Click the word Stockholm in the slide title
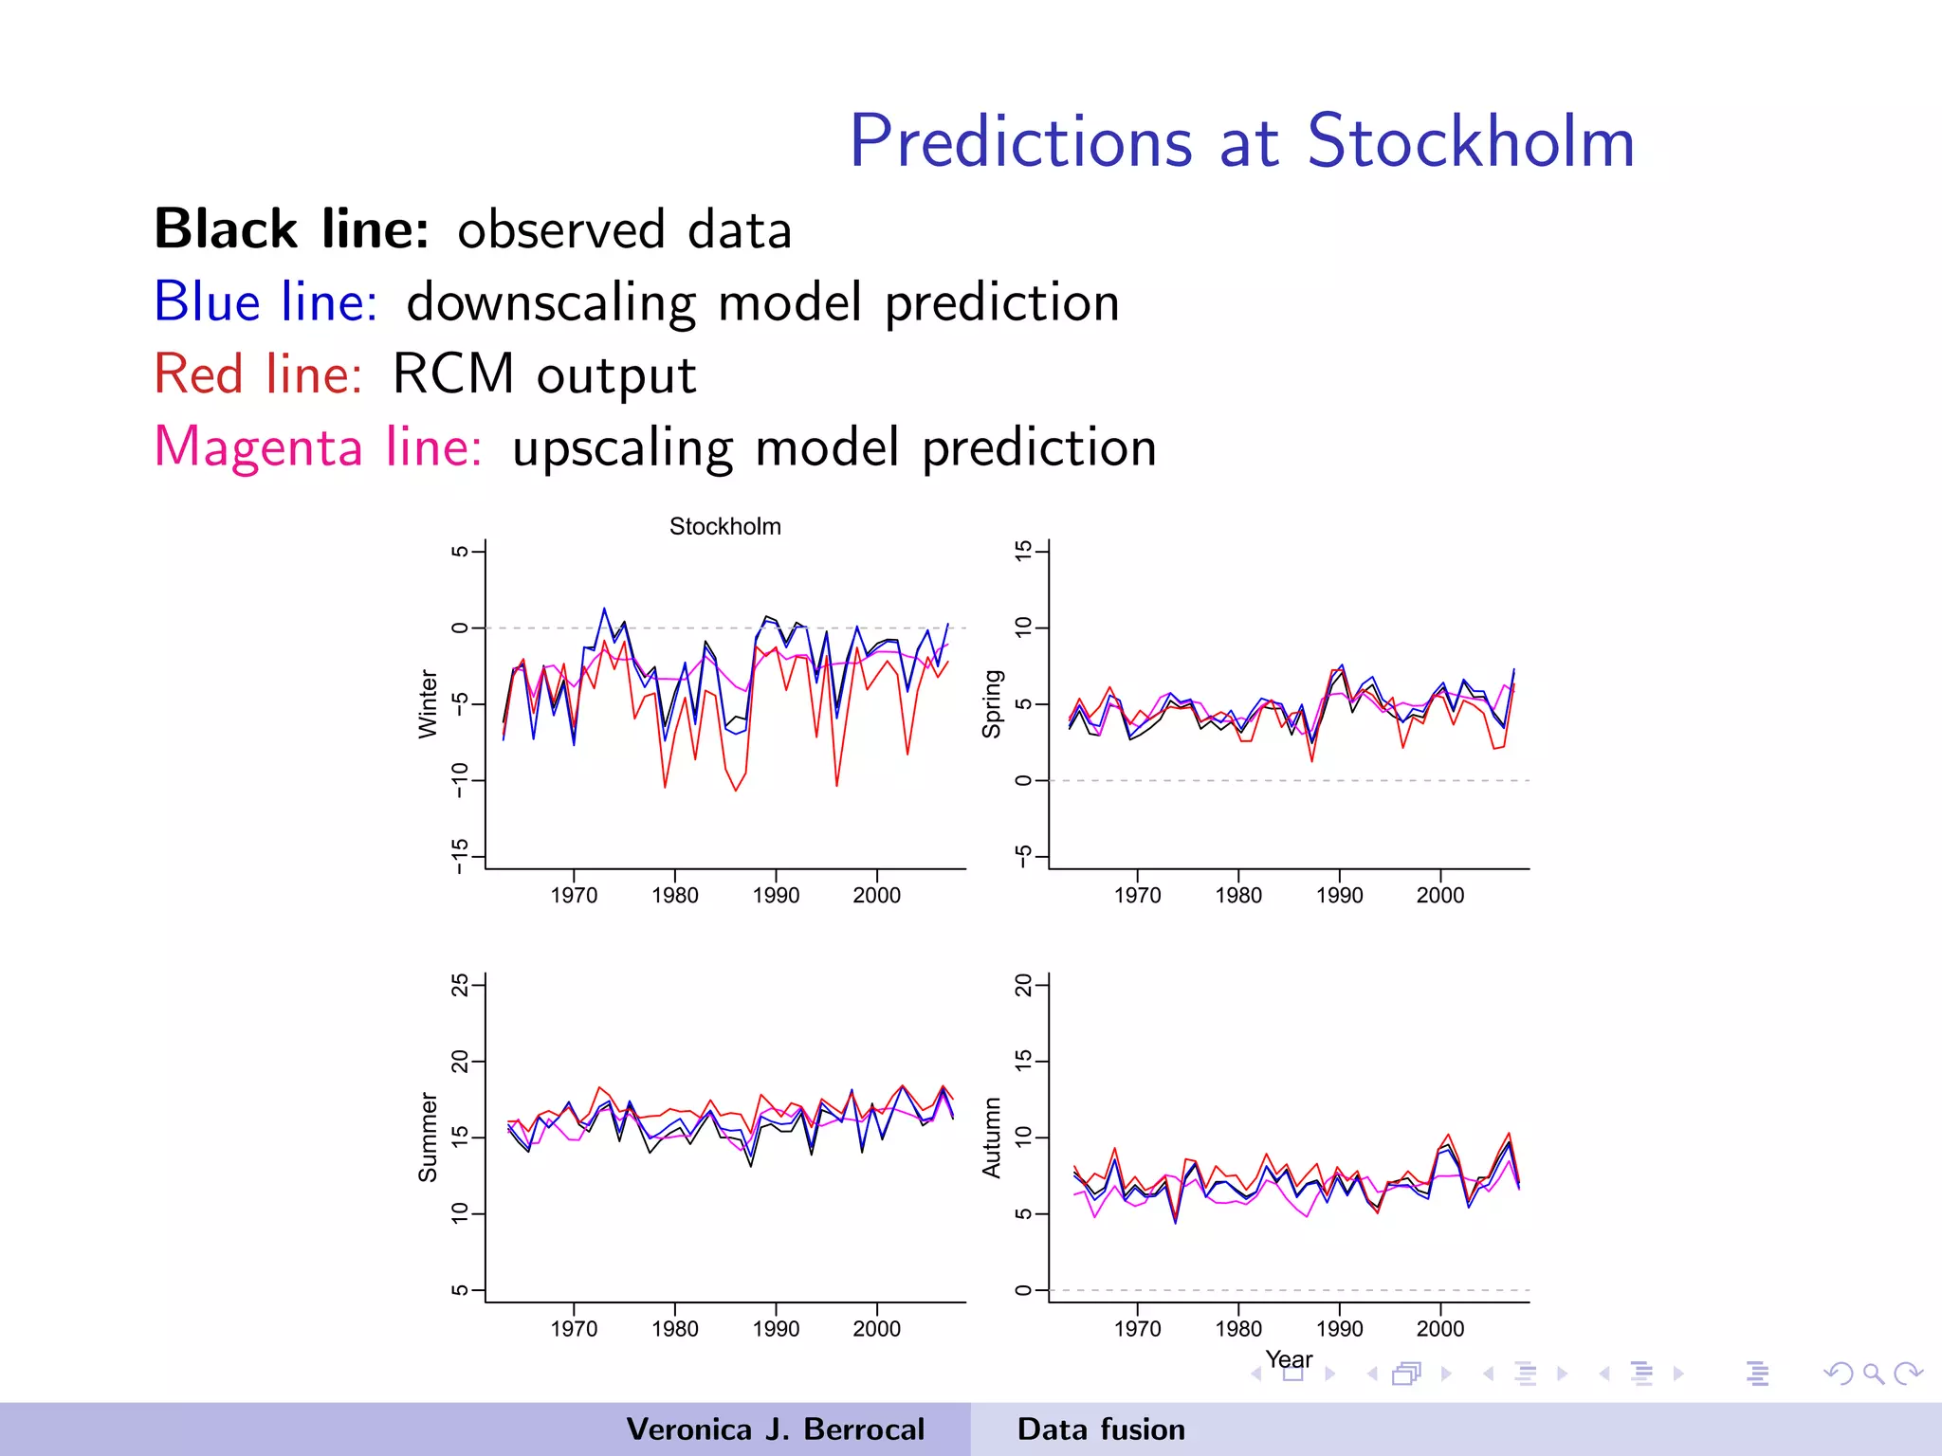pyautogui.click(x=1471, y=142)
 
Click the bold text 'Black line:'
pyautogui.click(x=292, y=230)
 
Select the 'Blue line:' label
pyautogui.click(x=266, y=302)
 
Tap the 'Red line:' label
pyautogui.click(x=258, y=374)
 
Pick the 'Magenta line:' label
pyautogui.click(x=319, y=446)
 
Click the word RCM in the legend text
pyautogui.click(x=453, y=373)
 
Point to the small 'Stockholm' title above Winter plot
pyautogui.click(x=725, y=527)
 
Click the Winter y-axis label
pyautogui.click(x=429, y=704)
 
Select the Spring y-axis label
pyautogui.click(x=992, y=704)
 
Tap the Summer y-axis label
pyautogui.click(x=429, y=1137)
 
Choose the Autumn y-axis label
pyautogui.click(x=992, y=1137)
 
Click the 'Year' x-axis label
pyautogui.click(x=1289, y=1359)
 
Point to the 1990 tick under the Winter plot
pyautogui.click(x=776, y=896)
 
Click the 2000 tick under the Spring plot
pyautogui.click(x=1439, y=896)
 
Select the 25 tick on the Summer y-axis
pyautogui.click(x=460, y=986)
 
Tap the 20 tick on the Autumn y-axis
pyautogui.click(x=1023, y=986)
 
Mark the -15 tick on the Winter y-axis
pyautogui.click(x=460, y=856)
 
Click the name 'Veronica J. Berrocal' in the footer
pyautogui.click(x=775, y=1429)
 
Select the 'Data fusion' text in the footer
pyautogui.click(x=1101, y=1429)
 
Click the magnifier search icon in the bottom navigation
pyautogui.click(x=1873, y=1374)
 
